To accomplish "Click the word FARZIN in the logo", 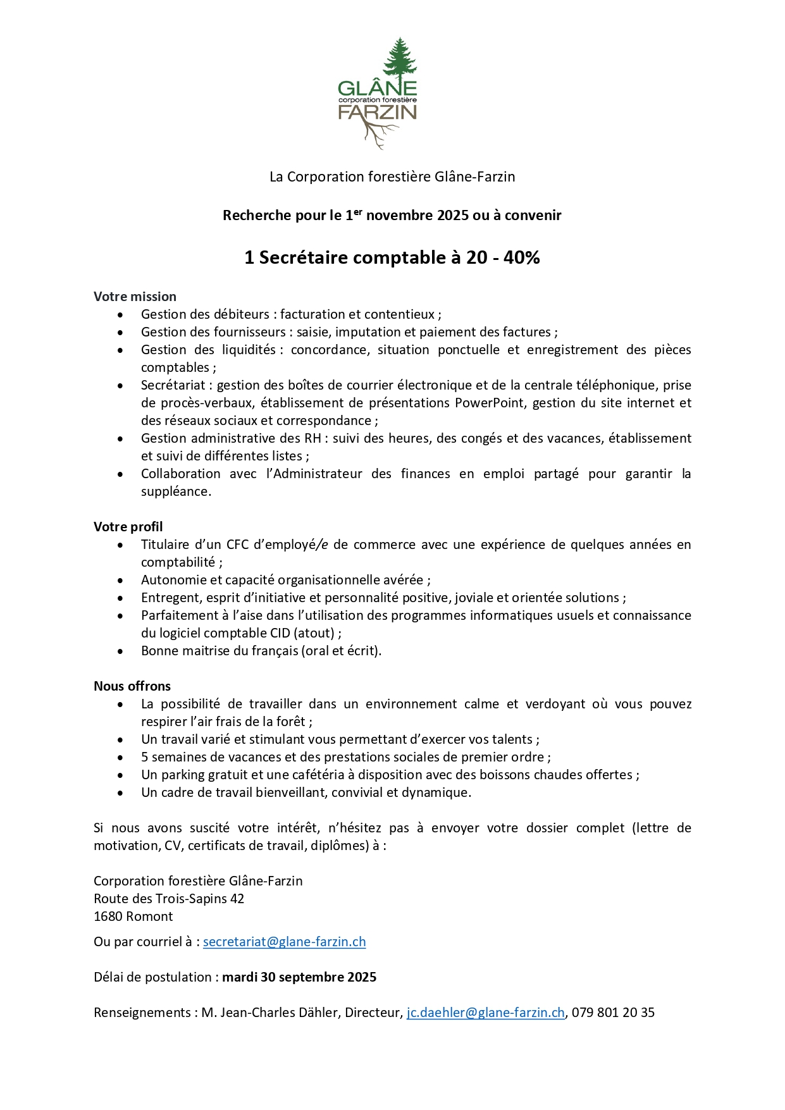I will click(378, 113).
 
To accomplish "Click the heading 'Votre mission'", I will click(135, 297).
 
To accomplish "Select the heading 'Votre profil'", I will click(128, 527).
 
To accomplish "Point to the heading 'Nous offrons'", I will click(132, 686).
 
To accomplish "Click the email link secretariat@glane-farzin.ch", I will click(284, 942).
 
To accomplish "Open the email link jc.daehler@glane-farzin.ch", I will click(485, 1013).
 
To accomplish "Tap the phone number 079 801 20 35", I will click(613, 1013).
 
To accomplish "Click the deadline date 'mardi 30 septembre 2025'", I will click(299, 977).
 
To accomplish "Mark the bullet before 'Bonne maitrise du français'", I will click(120, 651).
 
